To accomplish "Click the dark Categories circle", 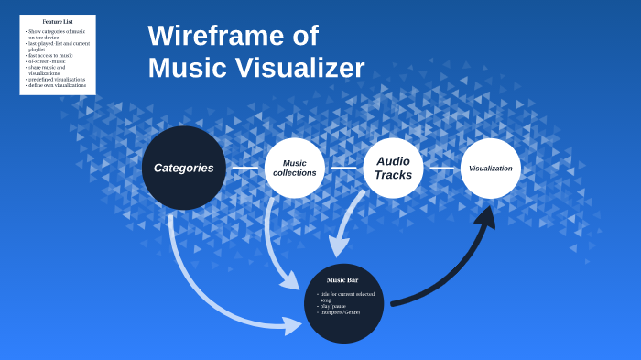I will (183, 168).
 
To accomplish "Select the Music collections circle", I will (294, 168).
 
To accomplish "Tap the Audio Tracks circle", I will (393, 168).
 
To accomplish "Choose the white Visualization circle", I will (490, 168).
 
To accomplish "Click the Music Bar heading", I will (342, 279).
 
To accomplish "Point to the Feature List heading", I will (57, 21).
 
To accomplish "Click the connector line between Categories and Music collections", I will (244, 168).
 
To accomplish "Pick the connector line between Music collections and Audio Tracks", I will (343, 168).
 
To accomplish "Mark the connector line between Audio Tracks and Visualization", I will (442, 168).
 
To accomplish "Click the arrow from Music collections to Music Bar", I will (275, 247).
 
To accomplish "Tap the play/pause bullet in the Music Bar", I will (332, 306).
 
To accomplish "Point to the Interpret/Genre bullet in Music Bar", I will (340, 312).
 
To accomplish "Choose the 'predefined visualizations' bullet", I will (57, 79).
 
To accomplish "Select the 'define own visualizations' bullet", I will (58, 85).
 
